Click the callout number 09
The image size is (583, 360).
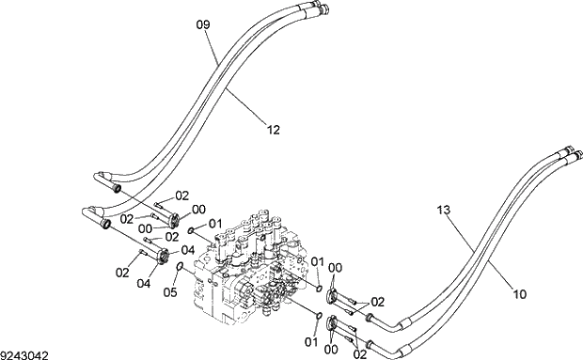point(203,24)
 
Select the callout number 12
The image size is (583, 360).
point(274,130)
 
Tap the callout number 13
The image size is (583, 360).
point(444,210)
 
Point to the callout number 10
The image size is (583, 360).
point(520,294)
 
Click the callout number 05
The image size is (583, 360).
point(170,292)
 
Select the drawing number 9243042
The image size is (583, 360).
point(24,355)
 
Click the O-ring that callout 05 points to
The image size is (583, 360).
point(180,266)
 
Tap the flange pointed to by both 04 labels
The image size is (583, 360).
point(163,257)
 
